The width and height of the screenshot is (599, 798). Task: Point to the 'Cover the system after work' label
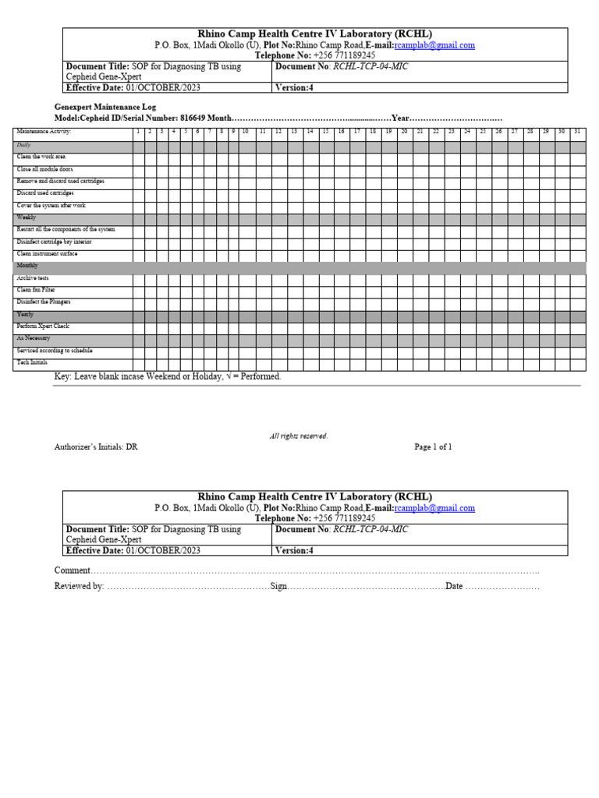pyautogui.click(x=51, y=206)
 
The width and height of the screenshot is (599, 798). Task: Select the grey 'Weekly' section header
pyautogui.click(x=27, y=217)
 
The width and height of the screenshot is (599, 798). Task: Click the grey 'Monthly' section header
pyautogui.click(x=27, y=266)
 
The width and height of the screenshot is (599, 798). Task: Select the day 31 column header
pyautogui.click(x=576, y=132)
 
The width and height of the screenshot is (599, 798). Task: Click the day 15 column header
pyautogui.click(x=325, y=132)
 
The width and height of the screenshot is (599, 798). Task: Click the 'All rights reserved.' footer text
pyautogui.click(x=299, y=436)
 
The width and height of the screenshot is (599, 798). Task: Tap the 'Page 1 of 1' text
pyautogui.click(x=433, y=447)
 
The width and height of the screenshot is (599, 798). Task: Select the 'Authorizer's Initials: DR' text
pyautogui.click(x=95, y=447)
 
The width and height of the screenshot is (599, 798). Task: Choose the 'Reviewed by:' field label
pyautogui.click(x=79, y=586)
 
